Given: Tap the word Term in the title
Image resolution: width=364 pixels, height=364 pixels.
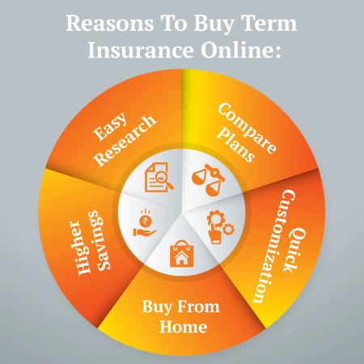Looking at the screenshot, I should (270, 23).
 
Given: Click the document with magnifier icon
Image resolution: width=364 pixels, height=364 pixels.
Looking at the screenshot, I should (160, 176).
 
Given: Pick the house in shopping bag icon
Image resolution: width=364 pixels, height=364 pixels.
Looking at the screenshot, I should (180, 254).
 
